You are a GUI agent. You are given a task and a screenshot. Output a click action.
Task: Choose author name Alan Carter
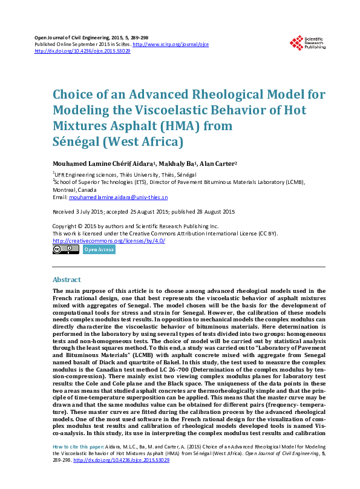(x=219, y=164)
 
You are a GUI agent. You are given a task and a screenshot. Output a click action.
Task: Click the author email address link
(x=119, y=198)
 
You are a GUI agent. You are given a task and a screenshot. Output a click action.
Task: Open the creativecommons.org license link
(x=108, y=241)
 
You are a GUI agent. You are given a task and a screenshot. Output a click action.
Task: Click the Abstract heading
(x=67, y=280)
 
